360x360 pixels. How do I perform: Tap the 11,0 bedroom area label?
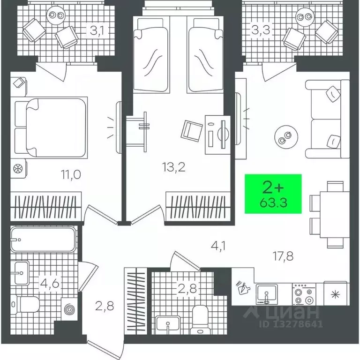click(x=71, y=175)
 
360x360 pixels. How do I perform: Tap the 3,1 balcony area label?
click(x=97, y=31)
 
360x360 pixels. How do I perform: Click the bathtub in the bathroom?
click(x=43, y=240)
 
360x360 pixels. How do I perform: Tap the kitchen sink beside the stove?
click(x=267, y=294)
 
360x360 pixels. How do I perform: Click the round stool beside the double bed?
click(x=19, y=167)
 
